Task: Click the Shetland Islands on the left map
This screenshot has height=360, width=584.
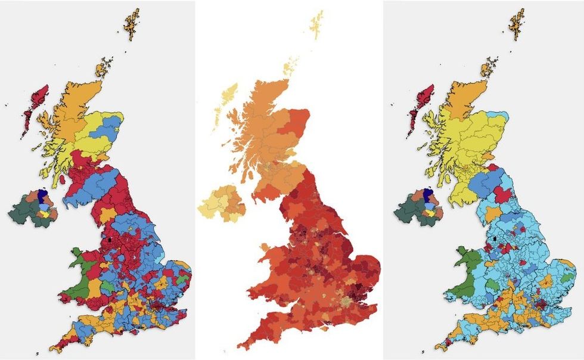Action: point(132,23)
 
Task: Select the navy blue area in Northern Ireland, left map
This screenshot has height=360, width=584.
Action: point(42,195)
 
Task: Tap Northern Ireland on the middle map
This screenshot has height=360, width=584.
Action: point(224,203)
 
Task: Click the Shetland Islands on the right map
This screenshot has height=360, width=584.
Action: point(517,24)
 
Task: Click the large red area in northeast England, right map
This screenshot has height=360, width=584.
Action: point(502,194)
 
